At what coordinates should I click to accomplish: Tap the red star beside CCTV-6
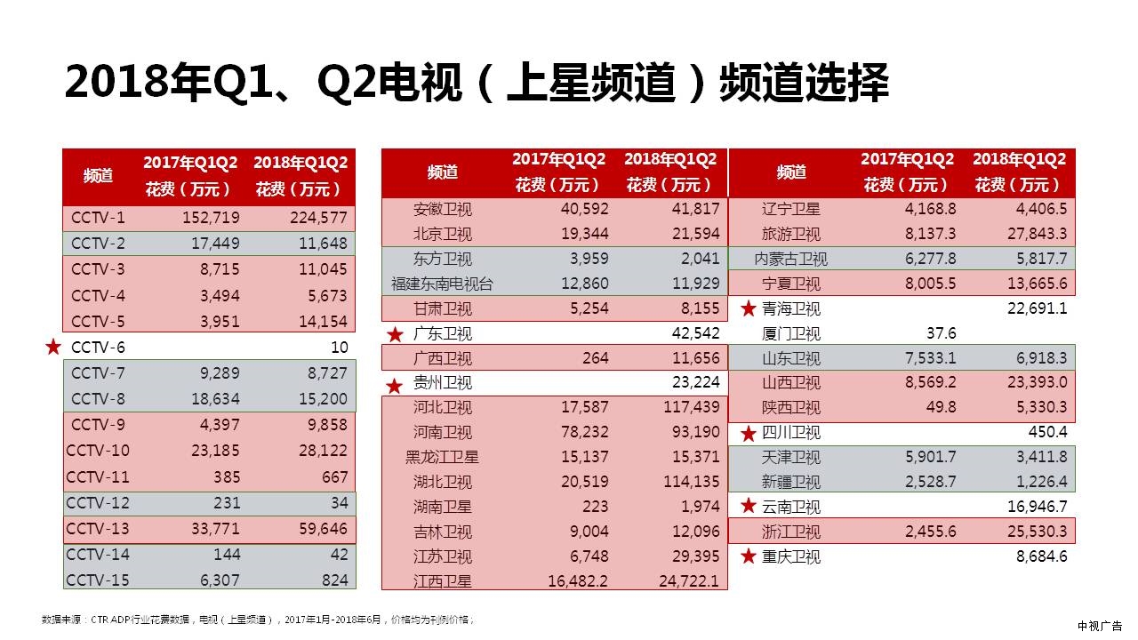tap(53, 347)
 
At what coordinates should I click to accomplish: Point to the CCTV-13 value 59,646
tap(323, 530)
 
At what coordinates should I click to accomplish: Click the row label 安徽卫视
tap(443, 210)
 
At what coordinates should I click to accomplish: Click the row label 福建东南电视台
tap(442, 284)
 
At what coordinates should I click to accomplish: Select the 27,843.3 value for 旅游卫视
tap(1031, 234)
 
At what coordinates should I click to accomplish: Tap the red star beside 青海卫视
tap(749, 309)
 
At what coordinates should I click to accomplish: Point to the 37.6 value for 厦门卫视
tap(940, 333)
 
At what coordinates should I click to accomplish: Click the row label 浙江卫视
tap(791, 532)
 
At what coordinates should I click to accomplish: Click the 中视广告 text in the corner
tap(1100, 626)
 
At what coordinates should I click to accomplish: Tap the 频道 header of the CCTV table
tap(98, 175)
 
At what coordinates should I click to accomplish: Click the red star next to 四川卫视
tap(749, 434)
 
